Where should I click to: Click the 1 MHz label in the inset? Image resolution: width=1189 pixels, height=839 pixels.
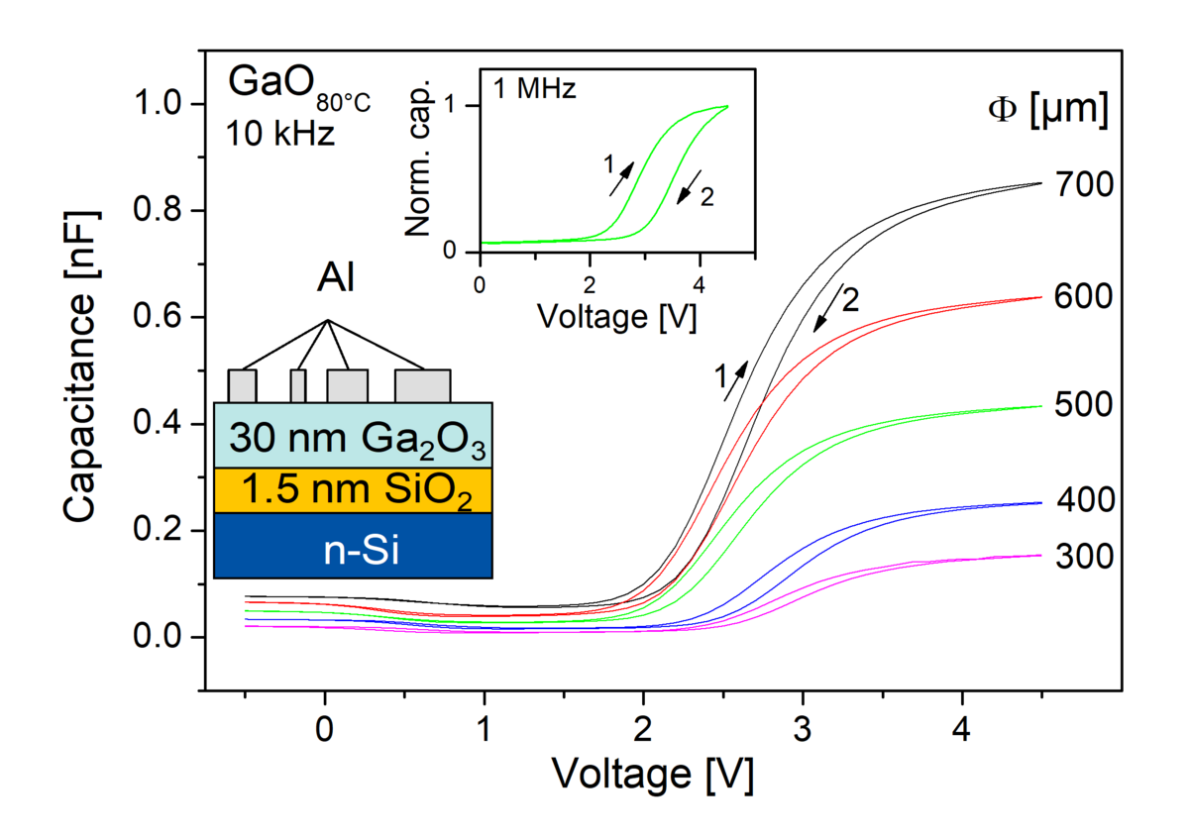point(535,88)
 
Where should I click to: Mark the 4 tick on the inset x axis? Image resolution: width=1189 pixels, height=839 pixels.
point(700,285)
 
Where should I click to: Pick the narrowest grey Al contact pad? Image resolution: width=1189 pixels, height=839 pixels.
point(297,384)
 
